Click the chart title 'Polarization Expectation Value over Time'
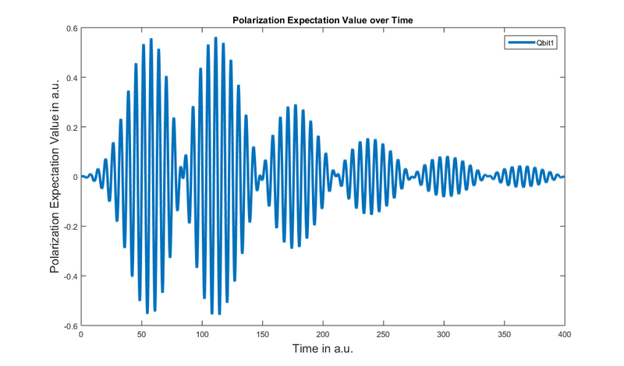[322, 19]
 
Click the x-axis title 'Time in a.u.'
[322, 349]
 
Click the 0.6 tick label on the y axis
[72, 29]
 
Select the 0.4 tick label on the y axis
[72, 78]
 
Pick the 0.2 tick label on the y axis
[72, 128]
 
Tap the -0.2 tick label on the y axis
[70, 227]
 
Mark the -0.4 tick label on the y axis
[70, 276]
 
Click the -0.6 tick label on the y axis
[70, 326]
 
